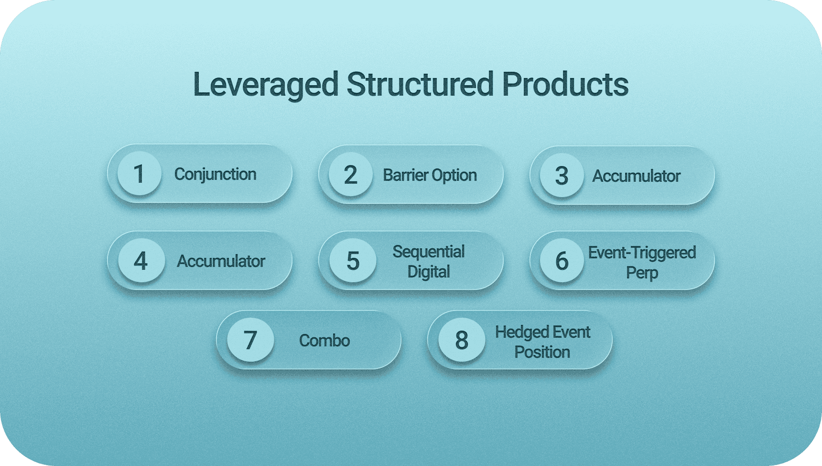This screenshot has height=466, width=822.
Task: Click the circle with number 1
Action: click(139, 174)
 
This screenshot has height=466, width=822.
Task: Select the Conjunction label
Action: click(215, 174)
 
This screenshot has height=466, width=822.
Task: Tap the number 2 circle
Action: click(350, 175)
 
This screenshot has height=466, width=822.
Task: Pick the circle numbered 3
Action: click(562, 176)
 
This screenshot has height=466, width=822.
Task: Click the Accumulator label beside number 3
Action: click(636, 176)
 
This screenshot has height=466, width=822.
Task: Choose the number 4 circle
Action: click(141, 261)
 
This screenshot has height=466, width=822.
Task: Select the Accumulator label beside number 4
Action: click(221, 261)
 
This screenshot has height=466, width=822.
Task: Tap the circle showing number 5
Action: click(353, 261)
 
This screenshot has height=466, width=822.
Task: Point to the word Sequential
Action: click(429, 252)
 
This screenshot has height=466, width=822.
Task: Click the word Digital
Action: click(429, 272)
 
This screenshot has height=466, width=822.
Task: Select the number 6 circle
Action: click(562, 261)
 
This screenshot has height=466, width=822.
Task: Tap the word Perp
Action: click(642, 273)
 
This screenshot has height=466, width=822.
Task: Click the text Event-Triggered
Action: click(642, 252)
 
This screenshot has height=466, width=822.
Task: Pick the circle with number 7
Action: click(250, 340)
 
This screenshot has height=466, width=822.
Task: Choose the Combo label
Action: click(324, 341)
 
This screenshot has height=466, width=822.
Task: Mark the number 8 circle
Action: click(461, 340)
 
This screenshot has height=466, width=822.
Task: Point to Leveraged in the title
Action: click(265, 85)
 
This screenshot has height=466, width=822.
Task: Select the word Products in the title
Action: click(565, 85)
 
